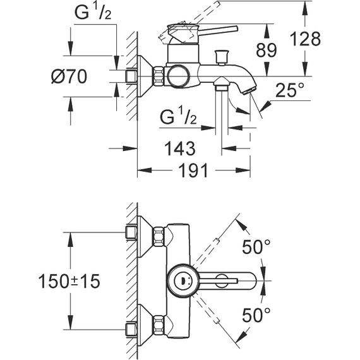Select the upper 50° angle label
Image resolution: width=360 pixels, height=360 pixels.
click(257, 246)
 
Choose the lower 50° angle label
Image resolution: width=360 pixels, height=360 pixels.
click(257, 313)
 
